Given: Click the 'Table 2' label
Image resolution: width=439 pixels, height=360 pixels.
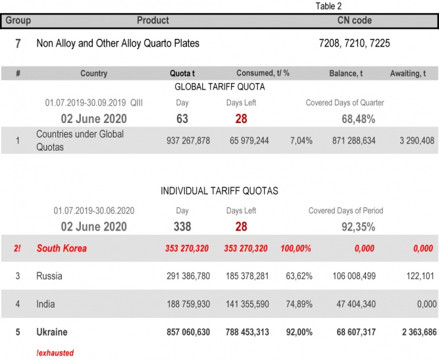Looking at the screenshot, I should [328, 6].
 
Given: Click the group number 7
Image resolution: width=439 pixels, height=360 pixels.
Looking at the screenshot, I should [18, 44].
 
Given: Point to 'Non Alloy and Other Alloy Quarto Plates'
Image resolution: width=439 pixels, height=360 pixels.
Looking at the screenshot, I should [118, 44].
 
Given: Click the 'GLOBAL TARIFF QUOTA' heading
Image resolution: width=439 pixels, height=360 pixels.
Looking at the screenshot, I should [219, 86].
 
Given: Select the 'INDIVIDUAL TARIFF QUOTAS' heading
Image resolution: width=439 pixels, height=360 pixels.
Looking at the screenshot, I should [219, 191].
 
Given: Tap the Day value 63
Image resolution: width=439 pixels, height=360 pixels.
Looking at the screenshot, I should [182, 119].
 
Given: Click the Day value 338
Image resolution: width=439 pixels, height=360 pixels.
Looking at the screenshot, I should [182, 227].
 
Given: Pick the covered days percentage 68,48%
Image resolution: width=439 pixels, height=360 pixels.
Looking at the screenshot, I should [358, 119].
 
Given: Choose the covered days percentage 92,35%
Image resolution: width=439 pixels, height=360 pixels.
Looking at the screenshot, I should [358, 227].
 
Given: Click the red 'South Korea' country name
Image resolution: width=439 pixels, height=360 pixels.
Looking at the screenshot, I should [61, 249].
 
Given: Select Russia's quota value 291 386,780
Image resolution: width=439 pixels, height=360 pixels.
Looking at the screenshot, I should [188, 276].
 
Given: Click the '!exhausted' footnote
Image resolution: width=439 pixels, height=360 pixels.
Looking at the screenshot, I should [55, 353].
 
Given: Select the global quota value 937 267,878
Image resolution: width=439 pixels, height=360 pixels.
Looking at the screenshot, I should [188, 141].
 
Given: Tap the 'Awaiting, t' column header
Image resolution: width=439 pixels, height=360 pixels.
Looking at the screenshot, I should [412, 74].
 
